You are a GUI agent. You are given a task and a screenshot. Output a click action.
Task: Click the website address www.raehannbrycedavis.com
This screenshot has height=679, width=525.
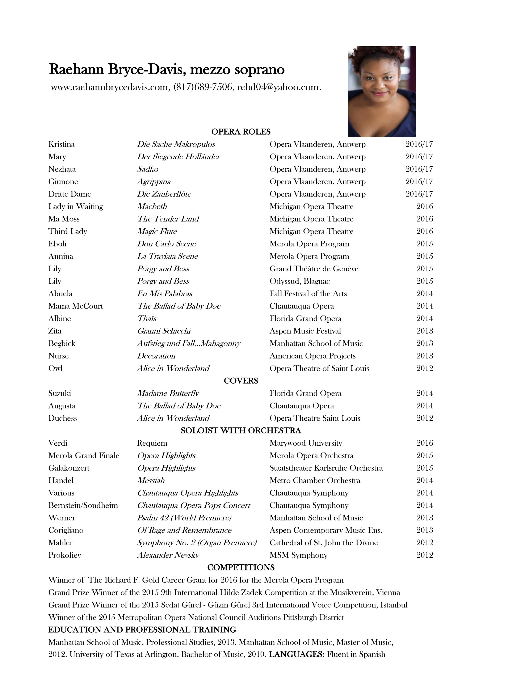tap(109, 87)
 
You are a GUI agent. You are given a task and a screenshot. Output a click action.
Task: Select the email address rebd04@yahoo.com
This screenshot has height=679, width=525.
tap(279, 87)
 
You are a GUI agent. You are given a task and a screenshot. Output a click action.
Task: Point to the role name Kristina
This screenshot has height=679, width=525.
tap(62, 144)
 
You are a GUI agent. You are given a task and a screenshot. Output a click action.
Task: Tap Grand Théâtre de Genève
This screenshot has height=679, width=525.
tap(314, 269)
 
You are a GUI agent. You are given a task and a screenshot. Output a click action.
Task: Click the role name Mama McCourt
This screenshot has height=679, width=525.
tap(76, 306)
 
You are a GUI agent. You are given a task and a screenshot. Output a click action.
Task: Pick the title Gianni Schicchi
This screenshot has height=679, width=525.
tap(164, 331)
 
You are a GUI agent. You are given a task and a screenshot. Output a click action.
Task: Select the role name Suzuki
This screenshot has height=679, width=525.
tap(60, 393)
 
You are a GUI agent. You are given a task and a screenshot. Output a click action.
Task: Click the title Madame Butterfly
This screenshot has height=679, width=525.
tap(168, 393)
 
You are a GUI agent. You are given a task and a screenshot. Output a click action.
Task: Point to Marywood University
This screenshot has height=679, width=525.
tap(306, 443)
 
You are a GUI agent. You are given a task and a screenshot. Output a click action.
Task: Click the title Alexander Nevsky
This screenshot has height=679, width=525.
tap(168, 555)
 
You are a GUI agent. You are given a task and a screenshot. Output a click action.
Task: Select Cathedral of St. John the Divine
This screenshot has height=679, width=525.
tap(323, 543)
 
